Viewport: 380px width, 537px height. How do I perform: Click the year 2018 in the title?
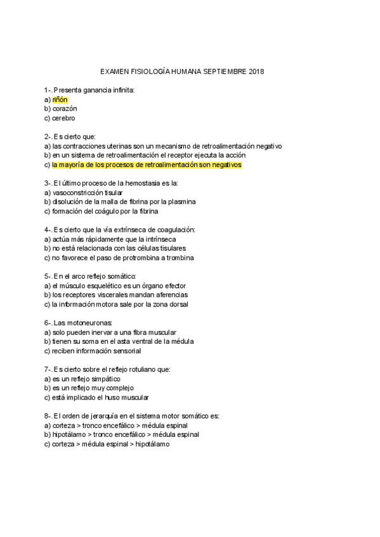[x=258, y=72]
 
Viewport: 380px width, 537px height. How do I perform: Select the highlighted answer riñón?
[x=60, y=99]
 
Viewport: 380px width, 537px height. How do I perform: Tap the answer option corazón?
[x=65, y=109]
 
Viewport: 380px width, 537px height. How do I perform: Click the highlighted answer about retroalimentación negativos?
[x=147, y=165]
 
